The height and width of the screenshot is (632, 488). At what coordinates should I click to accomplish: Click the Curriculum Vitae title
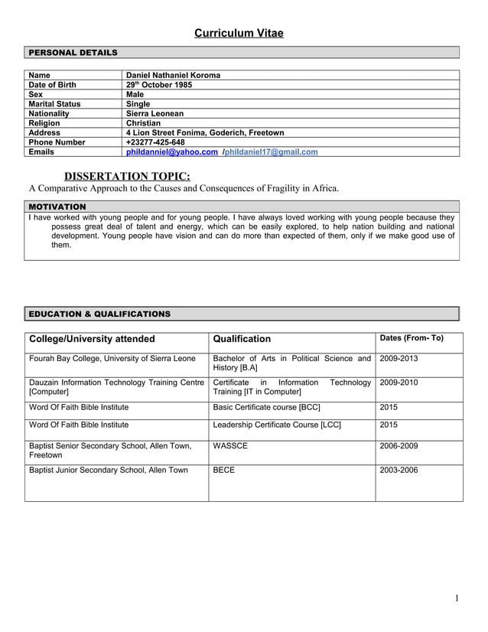238,33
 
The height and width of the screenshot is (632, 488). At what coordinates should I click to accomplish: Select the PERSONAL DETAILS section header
73,53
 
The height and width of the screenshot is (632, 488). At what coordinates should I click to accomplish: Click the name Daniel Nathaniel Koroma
173,75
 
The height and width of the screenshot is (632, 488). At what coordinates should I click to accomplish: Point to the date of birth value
158,85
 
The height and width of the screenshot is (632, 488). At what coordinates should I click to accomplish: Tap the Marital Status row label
54,103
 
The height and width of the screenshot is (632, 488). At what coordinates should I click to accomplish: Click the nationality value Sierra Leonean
155,113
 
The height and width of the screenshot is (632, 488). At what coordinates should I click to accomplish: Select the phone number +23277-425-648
155,142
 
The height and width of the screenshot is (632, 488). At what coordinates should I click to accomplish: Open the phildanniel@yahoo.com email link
171,151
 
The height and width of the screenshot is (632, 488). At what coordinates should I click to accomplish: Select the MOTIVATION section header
57,207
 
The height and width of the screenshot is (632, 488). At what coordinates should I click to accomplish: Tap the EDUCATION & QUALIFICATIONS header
99,314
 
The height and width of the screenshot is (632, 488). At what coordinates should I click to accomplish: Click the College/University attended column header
92,339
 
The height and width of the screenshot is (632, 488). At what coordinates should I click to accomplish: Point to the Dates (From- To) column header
412,338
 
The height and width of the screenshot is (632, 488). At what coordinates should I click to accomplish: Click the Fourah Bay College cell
112,358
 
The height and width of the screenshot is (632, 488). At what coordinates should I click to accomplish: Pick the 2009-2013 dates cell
399,358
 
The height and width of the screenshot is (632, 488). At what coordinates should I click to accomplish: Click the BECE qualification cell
224,470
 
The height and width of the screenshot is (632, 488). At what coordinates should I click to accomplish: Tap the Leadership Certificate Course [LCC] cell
277,425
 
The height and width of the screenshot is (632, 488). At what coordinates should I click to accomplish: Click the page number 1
457,598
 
